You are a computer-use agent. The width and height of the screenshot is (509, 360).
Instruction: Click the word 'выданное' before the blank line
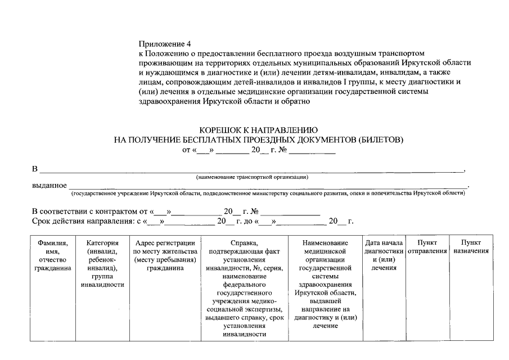coord(49,186)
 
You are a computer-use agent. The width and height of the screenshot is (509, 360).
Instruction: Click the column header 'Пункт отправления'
coord(427,246)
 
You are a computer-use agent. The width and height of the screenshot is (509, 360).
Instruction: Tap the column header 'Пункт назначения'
coord(471,246)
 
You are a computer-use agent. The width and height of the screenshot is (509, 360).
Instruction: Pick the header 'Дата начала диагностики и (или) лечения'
coord(384,255)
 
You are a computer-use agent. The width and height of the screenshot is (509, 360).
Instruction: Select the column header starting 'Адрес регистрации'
coord(165,255)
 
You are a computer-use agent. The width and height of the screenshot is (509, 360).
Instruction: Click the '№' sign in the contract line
coord(253,211)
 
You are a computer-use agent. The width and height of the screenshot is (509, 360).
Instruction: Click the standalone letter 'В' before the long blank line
coord(34,169)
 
